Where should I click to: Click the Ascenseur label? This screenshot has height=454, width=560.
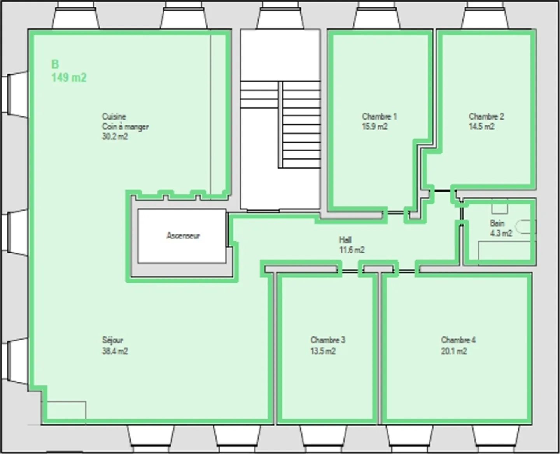183,236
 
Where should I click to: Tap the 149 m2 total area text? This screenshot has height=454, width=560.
69,77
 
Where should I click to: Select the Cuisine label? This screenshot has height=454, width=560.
114,116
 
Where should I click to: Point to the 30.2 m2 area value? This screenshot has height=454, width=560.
115,137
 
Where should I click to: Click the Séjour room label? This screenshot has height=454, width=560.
112,340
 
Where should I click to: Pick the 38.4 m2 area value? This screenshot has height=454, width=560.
115,351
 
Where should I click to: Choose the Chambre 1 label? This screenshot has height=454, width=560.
379,116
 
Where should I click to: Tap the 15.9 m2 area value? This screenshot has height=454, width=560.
374,127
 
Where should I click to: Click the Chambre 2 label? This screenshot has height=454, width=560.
486,116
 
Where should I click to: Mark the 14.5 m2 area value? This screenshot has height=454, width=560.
481,127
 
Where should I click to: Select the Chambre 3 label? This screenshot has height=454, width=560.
327,340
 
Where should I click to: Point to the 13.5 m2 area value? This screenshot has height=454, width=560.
323,351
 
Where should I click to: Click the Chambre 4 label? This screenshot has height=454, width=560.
458,340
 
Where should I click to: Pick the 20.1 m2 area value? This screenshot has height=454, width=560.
454,351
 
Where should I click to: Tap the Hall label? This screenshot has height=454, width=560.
345,240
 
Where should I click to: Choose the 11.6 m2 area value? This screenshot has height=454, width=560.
352,250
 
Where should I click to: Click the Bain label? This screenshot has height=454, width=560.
497,223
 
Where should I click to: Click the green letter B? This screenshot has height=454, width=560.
55,64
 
